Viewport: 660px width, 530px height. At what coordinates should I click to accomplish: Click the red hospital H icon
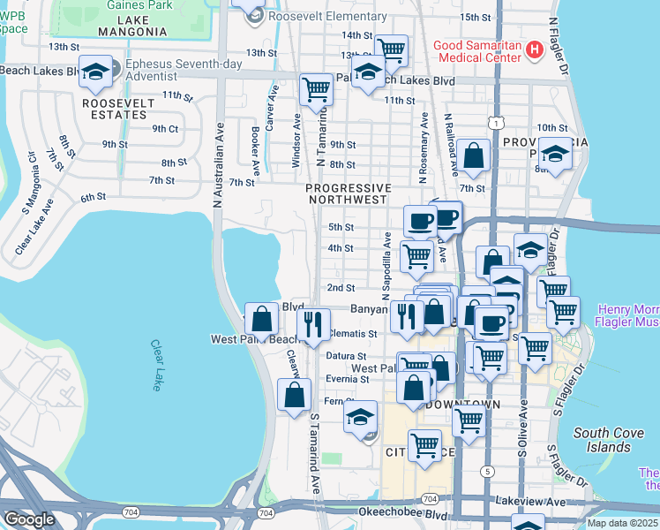click(533, 50)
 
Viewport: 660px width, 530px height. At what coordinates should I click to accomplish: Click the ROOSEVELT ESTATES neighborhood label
click(118, 110)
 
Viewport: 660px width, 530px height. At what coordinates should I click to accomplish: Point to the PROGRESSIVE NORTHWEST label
click(348, 193)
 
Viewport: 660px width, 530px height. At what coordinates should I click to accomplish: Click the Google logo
click(29, 519)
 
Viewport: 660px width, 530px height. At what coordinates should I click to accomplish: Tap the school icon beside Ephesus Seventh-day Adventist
click(96, 72)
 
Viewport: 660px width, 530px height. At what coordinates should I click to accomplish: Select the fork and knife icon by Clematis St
click(313, 323)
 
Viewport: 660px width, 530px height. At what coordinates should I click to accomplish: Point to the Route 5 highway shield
click(487, 471)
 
